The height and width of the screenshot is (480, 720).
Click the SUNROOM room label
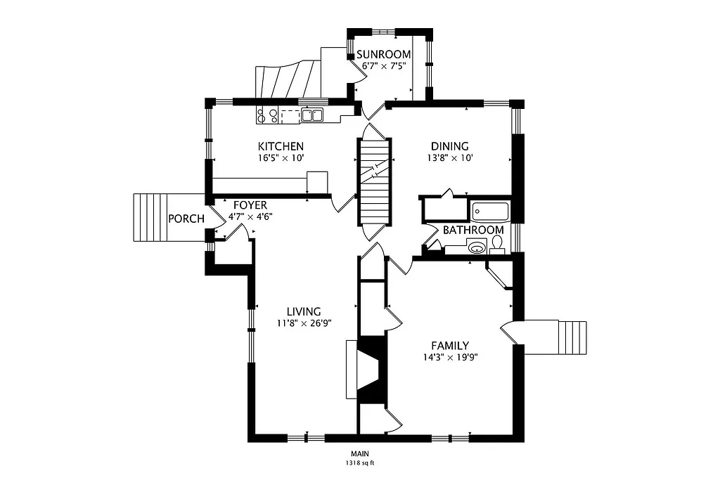(x=384, y=55)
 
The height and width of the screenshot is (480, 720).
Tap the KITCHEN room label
(x=280, y=146)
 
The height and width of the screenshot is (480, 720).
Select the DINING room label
(x=449, y=146)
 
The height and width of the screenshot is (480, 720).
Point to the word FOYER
(x=250, y=205)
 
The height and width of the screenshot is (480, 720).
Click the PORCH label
(x=186, y=219)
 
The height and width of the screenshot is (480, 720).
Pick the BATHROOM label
(x=472, y=230)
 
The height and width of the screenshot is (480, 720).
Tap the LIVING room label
(x=304, y=311)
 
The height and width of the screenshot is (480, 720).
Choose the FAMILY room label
(x=450, y=345)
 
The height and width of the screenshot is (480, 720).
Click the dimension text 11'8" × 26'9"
(x=304, y=323)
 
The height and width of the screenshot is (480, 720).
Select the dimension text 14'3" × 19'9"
(x=450, y=357)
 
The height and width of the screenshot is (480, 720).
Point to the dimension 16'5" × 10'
(x=280, y=158)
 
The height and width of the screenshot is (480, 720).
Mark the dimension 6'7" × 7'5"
(x=384, y=66)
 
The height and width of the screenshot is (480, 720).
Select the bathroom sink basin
(x=477, y=247)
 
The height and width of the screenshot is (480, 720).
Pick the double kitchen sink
(x=312, y=115)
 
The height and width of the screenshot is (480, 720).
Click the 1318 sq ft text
(x=359, y=463)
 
